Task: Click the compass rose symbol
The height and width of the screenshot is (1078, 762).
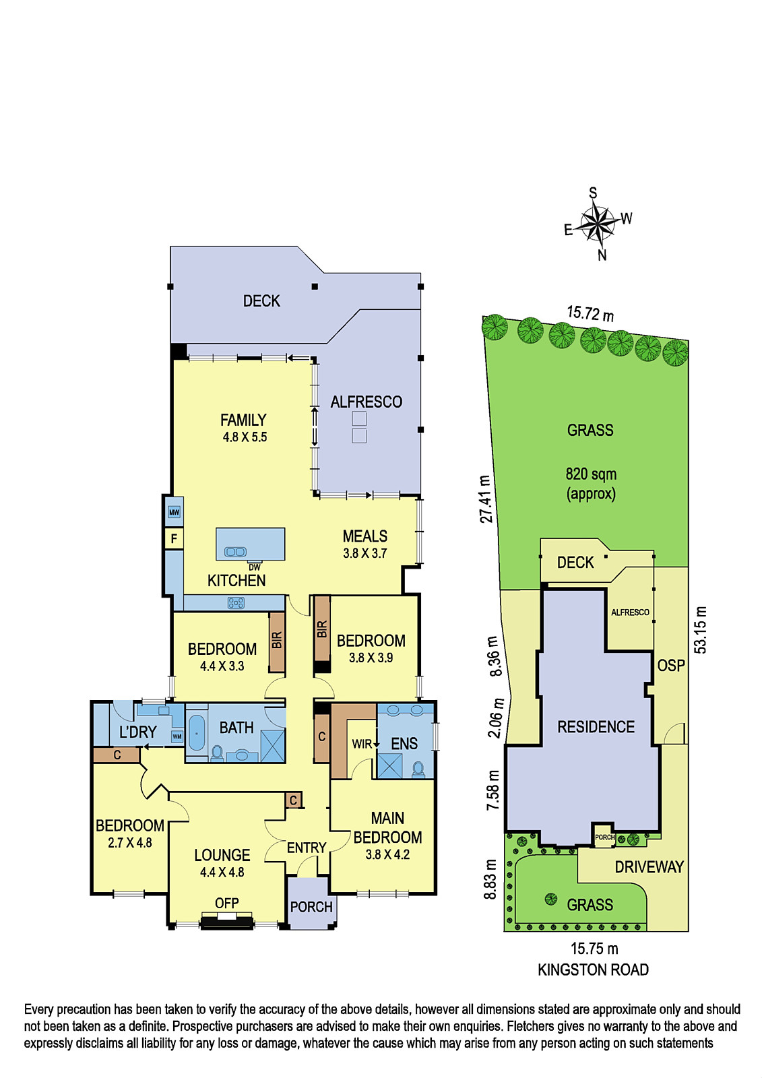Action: pyautogui.click(x=597, y=223)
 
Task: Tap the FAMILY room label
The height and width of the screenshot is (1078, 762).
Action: pyautogui.click(x=243, y=420)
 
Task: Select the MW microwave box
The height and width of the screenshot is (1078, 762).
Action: pyautogui.click(x=174, y=512)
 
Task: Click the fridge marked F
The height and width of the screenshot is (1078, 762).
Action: pyautogui.click(x=174, y=538)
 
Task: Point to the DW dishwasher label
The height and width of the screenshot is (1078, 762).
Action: pyautogui.click(x=255, y=567)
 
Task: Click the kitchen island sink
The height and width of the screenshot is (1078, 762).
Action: pyautogui.click(x=235, y=552)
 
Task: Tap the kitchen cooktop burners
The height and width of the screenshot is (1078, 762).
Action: pyautogui.click(x=236, y=602)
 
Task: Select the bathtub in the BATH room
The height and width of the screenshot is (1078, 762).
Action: pyautogui.click(x=197, y=733)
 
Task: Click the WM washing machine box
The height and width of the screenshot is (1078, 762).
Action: pyautogui.click(x=177, y=736)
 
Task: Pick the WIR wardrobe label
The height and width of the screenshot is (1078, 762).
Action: pyautogui.click(x=362, y=744)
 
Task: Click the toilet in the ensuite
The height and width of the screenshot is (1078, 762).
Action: pyautogui.click(x=418, y=769)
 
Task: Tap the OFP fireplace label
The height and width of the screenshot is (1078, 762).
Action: pyautogui.click(x=227, y=903)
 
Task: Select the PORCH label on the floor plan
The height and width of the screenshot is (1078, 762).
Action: pyautogui.click(x=311, y=907)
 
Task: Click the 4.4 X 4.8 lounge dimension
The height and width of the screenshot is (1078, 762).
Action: pyautogui.click(x=222, y=872)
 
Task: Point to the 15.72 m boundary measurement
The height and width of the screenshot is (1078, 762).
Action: pyautogui.click(x=590, y=313)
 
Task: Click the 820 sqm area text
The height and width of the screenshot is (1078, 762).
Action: pyautogui.click(x=591, y=474)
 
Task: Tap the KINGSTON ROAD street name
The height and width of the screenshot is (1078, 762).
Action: pyautogui.click(x=593, y=970)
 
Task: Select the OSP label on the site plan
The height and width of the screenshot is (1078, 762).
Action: pyautogui.click(x=671, y=666)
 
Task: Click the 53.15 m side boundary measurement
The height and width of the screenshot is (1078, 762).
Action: pyautogui.click(x=701, y=629)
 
